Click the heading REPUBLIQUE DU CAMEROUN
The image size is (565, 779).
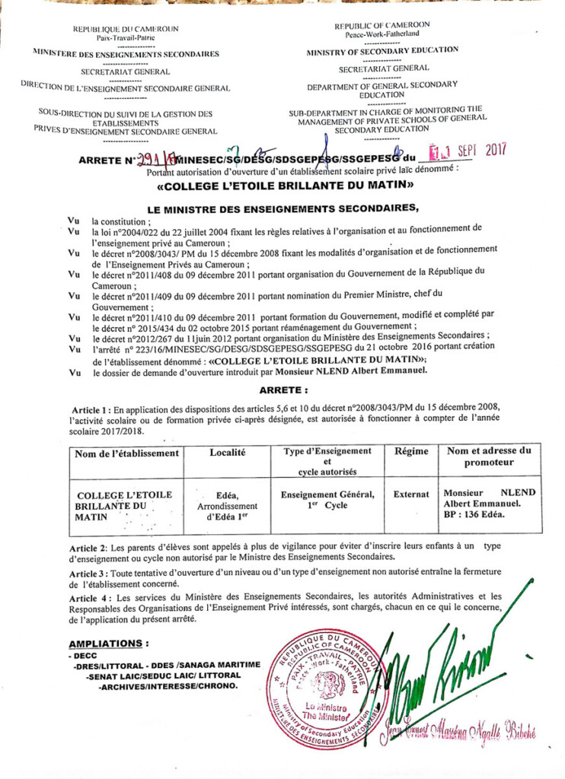(x=126, y=29)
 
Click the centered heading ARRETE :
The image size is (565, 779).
(x=283, y=389)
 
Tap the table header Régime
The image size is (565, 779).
(x=411, y=452)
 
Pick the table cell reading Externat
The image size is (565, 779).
(x=411, y=494)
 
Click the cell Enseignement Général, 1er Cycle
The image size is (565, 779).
(x=327, y=499)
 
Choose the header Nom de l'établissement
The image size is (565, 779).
(x=127, y=453)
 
